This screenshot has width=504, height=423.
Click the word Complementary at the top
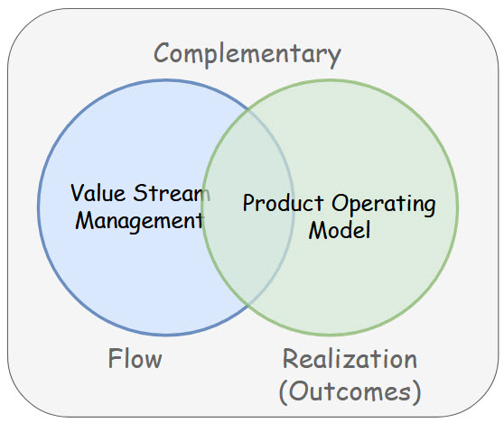(x=247, y=53)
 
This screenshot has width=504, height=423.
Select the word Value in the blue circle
(x=98, y=193)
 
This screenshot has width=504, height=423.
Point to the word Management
(x=138, y=220)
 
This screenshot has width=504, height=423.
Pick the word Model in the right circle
(x=339, y=230)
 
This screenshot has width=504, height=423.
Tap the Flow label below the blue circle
(x=135, y=359)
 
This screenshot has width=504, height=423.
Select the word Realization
(x=350, y=359)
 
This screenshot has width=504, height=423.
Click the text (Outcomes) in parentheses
(x=350, y=391)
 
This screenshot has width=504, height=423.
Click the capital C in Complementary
(x=163, y=53)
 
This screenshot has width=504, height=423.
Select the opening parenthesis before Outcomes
(x=283, y=391)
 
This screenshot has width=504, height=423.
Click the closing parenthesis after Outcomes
(x=416, y=391)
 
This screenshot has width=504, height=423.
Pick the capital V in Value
(x=78, y=193)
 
